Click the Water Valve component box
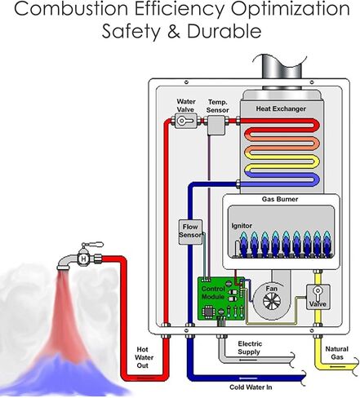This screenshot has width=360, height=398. pos(185,121)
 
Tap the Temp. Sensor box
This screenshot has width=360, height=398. pos(216,125)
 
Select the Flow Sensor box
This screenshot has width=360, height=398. pos(190,232)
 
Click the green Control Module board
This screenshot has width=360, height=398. pos(221,298)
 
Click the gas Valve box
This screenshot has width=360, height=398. pos(318,297)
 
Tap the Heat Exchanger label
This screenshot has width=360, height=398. pos(281,108)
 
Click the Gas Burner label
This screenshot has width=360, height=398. pos(280,199)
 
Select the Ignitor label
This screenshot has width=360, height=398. pos(242,226)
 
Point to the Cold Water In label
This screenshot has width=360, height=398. pos(251,387)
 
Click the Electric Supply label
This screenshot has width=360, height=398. pos(250,347)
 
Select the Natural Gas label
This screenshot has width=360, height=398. pos(337,352)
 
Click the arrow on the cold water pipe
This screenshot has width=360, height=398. pos(248,378)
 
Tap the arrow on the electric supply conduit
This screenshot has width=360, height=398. pos(247,360)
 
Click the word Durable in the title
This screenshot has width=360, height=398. pos(224,31)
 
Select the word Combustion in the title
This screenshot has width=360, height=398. pos(71,8)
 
